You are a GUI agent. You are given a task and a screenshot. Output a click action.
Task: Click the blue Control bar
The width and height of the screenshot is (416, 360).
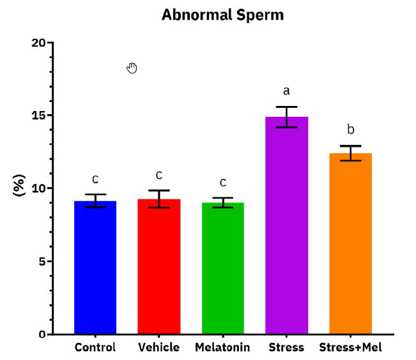pyautogui.click(x=95, y=268)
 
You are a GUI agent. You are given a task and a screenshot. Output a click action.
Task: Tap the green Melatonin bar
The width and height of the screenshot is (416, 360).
pyautogui.click(x=223, y=269)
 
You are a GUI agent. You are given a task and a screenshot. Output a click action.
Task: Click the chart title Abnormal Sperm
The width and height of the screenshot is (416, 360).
pyautogui.click(x=222, y=15)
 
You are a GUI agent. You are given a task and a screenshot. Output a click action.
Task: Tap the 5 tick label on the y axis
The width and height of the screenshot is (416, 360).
pyautogui.click(x=42, y=261)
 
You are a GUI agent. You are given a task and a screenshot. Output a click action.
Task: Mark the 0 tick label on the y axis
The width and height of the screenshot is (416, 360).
pyautogui.click(x=42, y=334)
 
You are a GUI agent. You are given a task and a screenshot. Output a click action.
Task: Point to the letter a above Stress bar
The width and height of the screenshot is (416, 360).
pyautogui.click(x=286, y=91)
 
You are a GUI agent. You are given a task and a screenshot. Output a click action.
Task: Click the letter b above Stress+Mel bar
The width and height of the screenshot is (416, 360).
pyautogui.click(x=350, y=130)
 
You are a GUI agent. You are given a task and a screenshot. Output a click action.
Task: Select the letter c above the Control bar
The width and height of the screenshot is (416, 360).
pyautogui.click(x=95, y=179)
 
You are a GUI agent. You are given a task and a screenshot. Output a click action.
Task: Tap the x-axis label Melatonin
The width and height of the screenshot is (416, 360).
pyautogui.click(x=223, y=348)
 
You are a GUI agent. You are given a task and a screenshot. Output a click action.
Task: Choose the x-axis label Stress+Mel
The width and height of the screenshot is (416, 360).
pyautogui.click(x=350, y=348)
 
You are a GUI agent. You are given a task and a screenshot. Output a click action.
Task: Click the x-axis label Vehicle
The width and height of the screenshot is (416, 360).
pyautogui.click(x=159, y=348)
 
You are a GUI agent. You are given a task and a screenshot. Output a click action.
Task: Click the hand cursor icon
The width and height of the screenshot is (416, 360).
pyautogui.click(x=132, y=68)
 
